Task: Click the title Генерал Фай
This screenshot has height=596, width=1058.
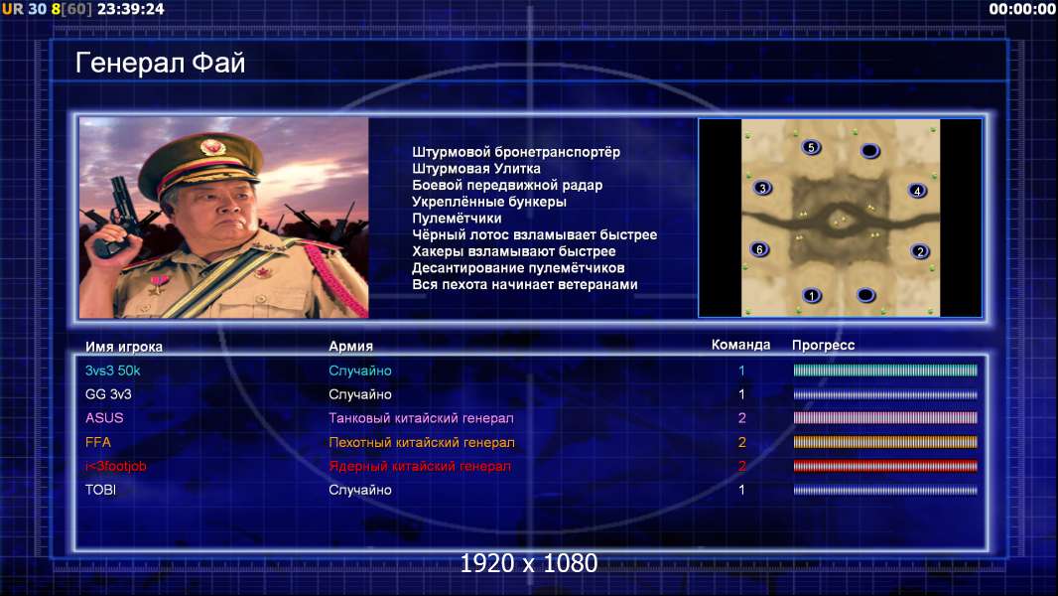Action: pyautogui.click(x=160, y=63)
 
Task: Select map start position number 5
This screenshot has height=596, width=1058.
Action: pyautogui.click(x=811, y=147)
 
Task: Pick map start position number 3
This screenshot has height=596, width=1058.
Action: pyautogui.click(x=762, y=188)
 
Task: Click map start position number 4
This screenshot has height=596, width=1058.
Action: pyautogui.click(x=917, y=191)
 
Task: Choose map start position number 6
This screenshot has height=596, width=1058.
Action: pyautogui.click(x=760, y=249)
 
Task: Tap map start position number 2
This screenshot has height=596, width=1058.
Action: pyautogui.click(x=920, y=251)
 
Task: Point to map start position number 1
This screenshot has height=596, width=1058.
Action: pyautogui.click(x=812, y=295)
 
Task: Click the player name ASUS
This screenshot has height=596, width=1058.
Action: pyautogui.click(x=104, y=418)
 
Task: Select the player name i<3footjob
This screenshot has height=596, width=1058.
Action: pyautogui.click(x=115, y=466)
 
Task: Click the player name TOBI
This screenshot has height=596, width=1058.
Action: pyautogui.click(x=100, y=490)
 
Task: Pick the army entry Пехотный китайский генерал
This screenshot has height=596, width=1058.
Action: pyautogui.click(x=422, y=442)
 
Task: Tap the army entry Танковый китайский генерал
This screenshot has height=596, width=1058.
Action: pyautogui.click(x=421, y=418)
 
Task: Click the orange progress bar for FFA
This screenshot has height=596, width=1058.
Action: pyautogui.click(x=885, y=442)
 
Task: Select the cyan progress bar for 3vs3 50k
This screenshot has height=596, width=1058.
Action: pyautogui.click(x=885, y=370)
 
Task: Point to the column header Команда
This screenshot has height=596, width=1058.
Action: pyautogui.click(x=740, y=345)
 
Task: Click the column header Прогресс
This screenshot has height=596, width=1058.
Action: pyautogui.click(x=823, y=345)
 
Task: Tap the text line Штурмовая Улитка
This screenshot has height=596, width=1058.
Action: pyautogui.click(x=476, y=168)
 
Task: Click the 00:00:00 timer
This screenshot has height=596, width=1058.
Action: pyautogui.click(x=1021, y=9)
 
